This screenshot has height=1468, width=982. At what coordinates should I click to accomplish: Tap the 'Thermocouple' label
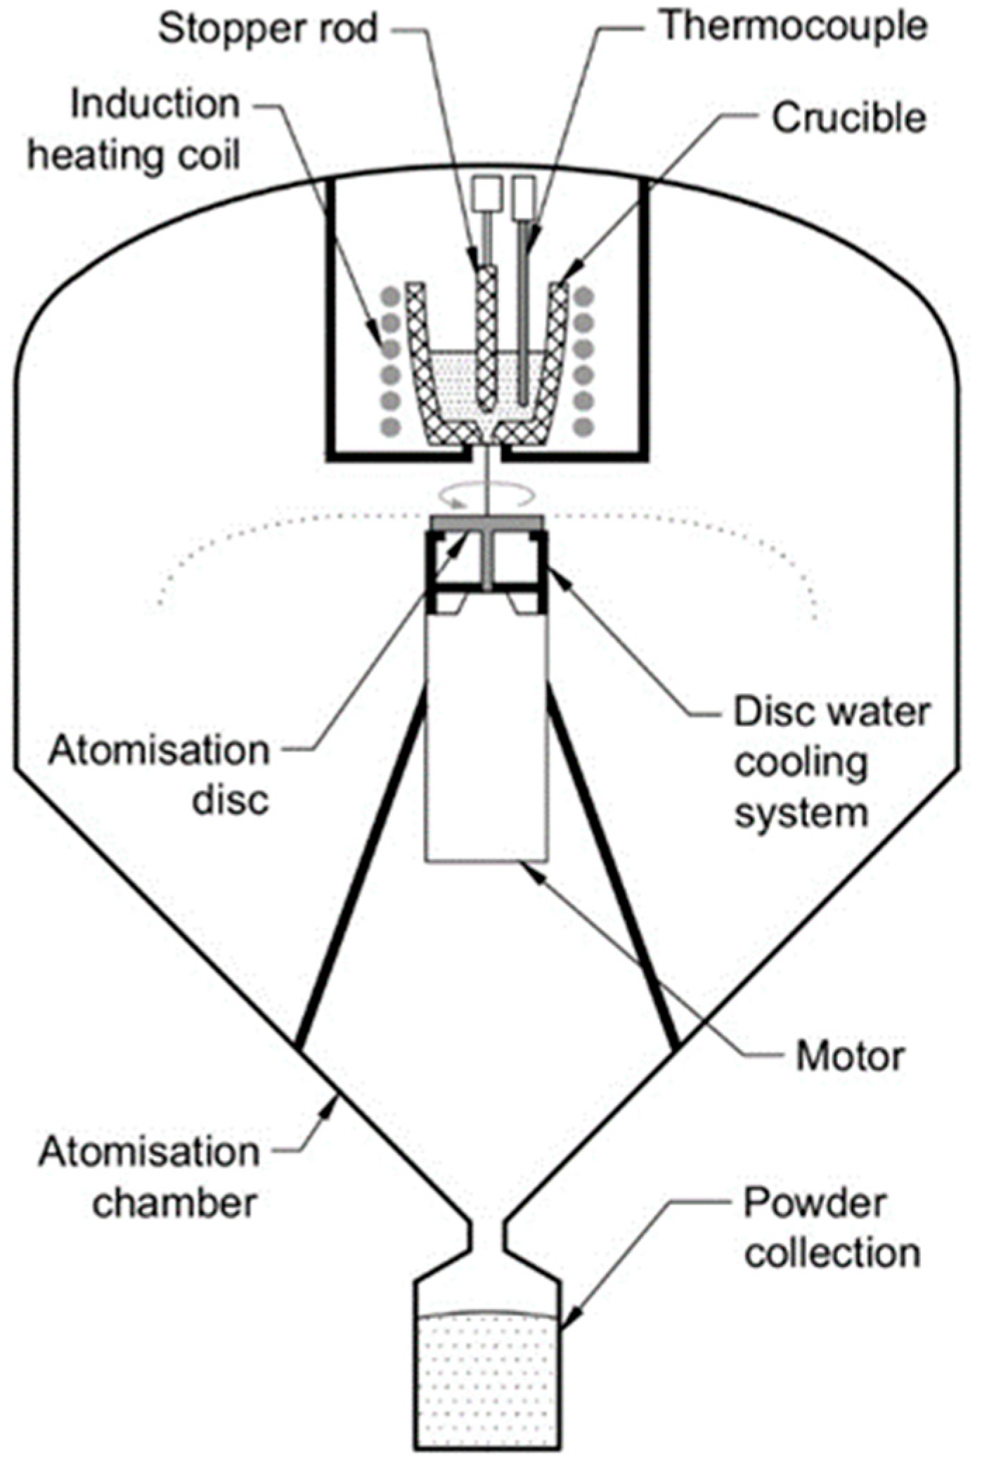pyautogui.click(x=794, y=27)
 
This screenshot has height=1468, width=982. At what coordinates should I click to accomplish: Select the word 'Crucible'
pyautogui.click(x=848, y=118)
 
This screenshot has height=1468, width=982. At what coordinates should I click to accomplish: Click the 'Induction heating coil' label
pyautogui.click(x=135, y=129)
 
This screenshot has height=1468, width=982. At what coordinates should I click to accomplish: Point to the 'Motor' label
pyautogui.click(x=849, y=1057)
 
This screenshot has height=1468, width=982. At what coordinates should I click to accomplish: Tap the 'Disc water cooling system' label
pyautogui.click(x=832, y=762)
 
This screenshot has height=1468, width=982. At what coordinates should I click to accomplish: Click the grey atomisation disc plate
pyautogui.click(x=486, y=522)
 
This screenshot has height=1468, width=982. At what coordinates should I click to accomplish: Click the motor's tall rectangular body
pyautogui.click(x=486, y=738)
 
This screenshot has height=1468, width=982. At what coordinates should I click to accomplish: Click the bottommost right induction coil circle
pyautogui.click(x=583, y=427)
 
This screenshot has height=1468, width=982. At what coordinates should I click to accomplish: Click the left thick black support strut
pyautogui.click(x=362, y=872)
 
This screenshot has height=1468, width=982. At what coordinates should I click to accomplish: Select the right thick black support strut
pyautogui.click(x=612, y=872)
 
